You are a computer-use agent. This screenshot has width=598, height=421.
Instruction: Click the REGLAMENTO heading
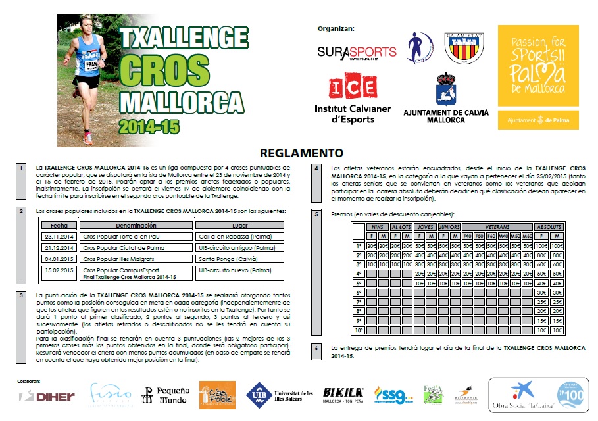tap(301, 153)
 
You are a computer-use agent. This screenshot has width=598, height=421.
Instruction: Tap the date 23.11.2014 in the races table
tap(59, 236)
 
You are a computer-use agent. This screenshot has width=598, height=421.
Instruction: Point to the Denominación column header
tap(136, 225)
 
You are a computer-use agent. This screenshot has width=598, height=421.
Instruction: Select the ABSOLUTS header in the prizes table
tap(549, 227)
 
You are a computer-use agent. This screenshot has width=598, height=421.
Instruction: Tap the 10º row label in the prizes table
tap(359, 330)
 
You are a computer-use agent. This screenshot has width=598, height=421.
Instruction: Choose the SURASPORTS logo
tap(357, 52)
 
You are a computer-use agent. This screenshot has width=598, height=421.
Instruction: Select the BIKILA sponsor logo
tap(344, 394)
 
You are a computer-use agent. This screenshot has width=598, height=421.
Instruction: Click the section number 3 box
tap(22, 295)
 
